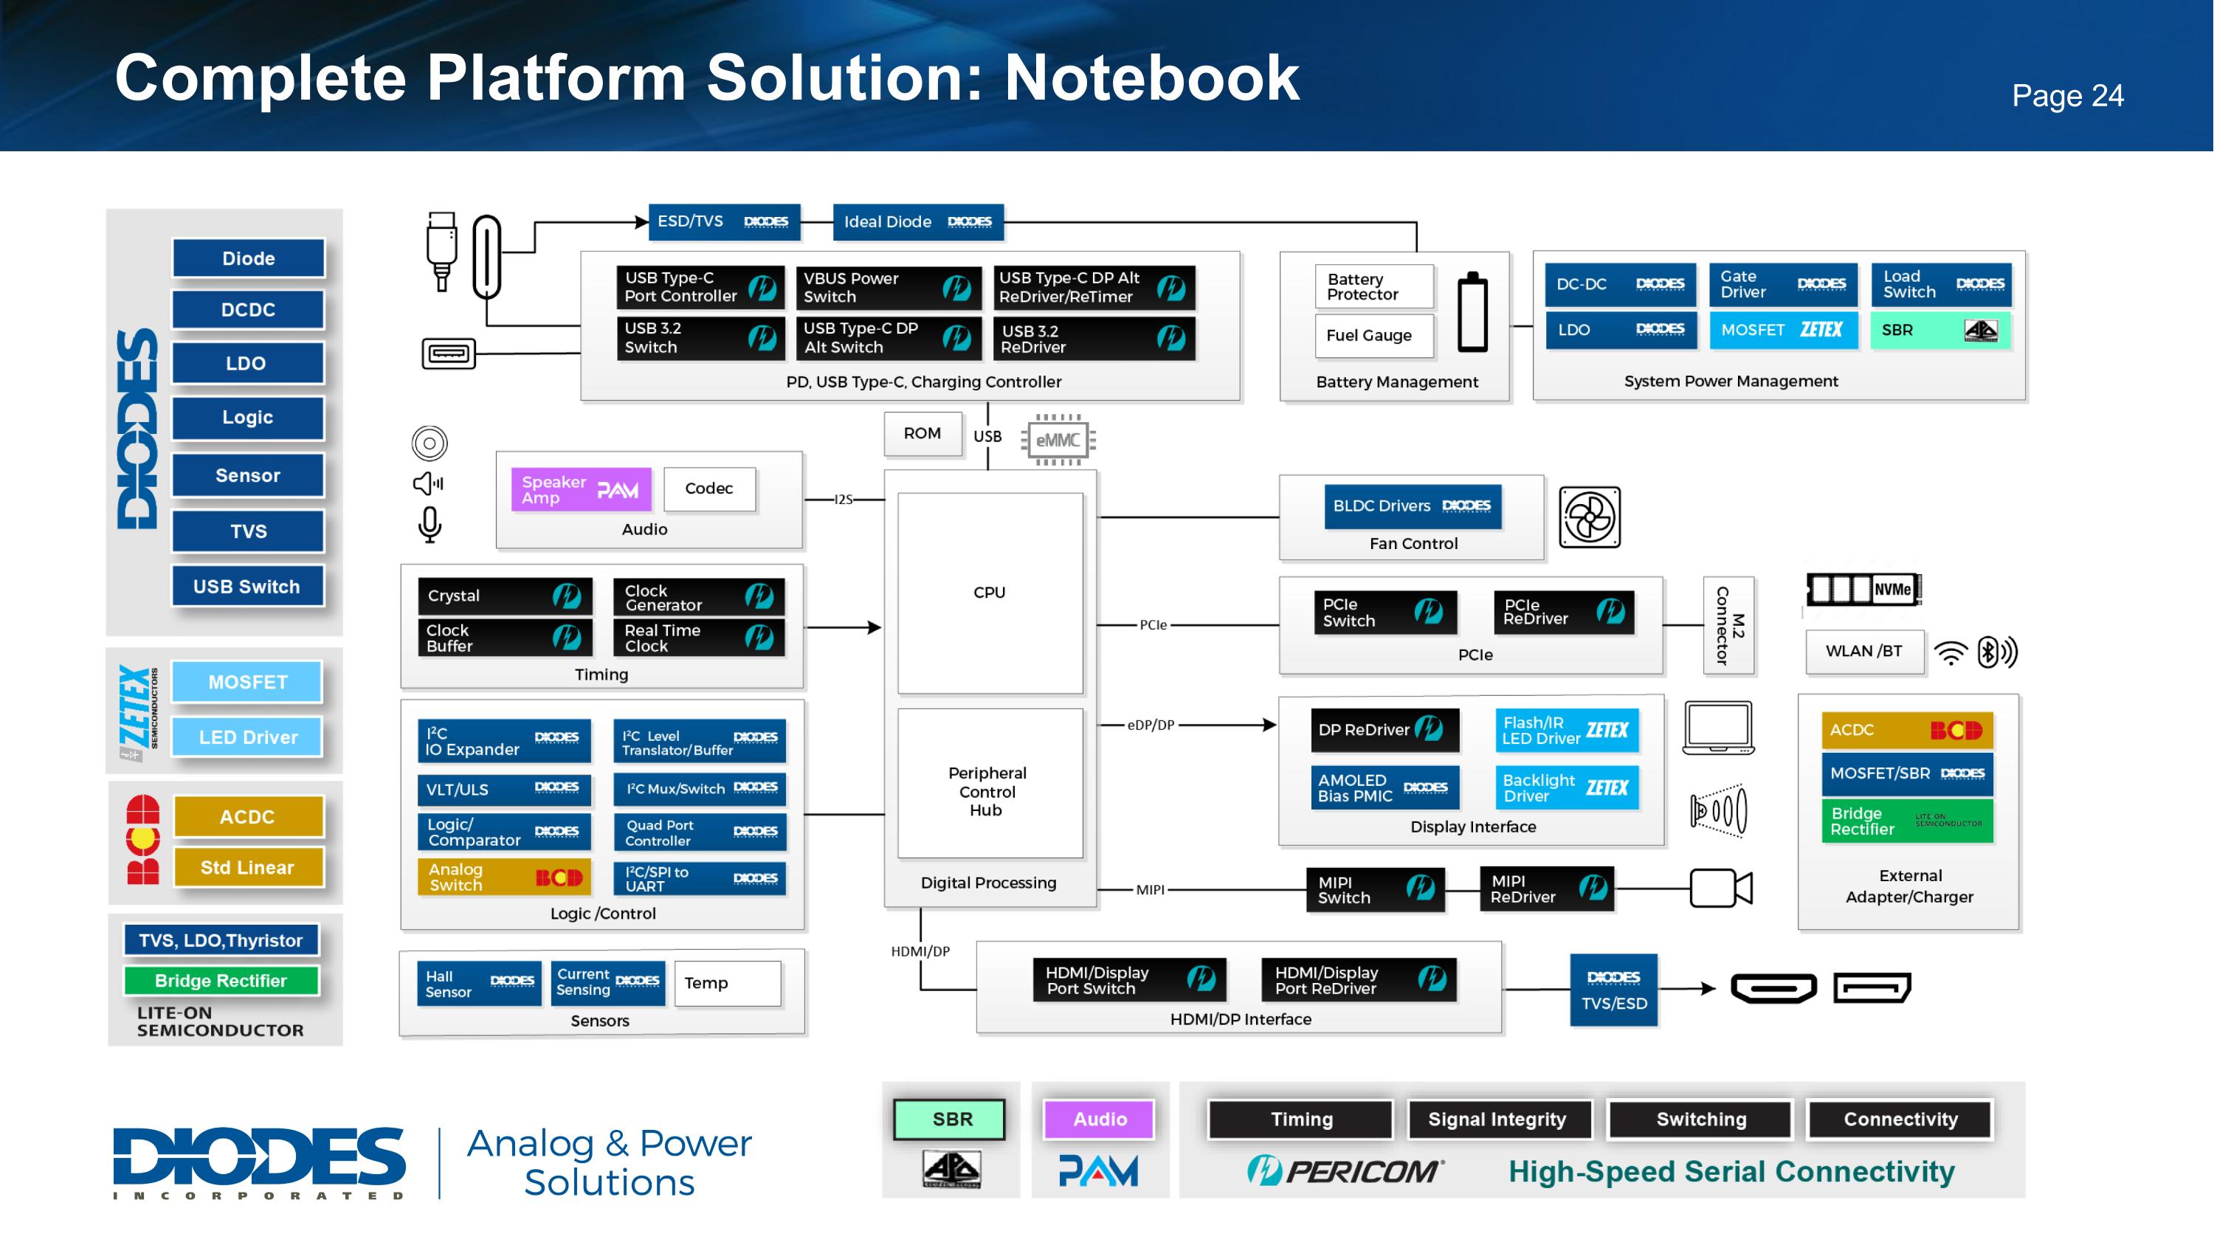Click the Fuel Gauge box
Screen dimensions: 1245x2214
1373,335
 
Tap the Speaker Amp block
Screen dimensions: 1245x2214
580,490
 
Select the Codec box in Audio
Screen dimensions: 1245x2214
709,488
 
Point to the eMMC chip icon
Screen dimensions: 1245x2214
1058,440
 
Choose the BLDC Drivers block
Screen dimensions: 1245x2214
1411,506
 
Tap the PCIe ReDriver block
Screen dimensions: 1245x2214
1562,612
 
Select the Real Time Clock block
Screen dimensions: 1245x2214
698,638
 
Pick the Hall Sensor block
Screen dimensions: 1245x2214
479,983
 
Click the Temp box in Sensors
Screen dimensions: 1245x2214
727,983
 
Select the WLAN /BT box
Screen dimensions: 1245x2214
1863,652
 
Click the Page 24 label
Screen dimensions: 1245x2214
2067,95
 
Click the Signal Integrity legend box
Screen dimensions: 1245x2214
1497,1119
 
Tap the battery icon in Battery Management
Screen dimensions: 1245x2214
1472,312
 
